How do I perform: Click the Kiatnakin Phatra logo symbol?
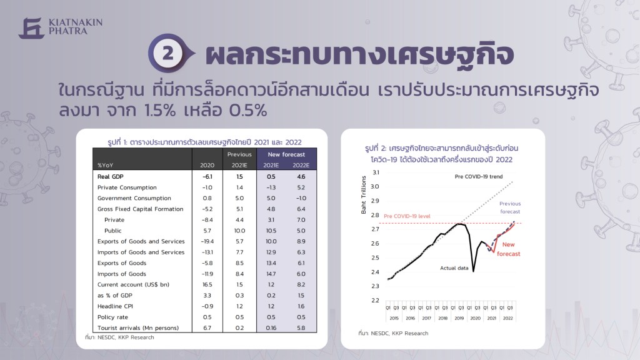point(31,27)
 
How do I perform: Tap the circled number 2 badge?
point(167,54)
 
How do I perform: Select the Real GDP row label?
point(110,177)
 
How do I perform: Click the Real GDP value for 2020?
point(207,177)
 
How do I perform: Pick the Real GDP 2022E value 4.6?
point(301,177)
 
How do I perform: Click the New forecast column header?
point(286,154)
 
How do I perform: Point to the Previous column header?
point(239,154)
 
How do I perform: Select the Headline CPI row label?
point(115,306)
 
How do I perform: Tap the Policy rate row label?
point(112,317)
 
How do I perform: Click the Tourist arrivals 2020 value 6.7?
point(207,327)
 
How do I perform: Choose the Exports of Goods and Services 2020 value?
point(207,241)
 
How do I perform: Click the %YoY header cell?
point(105,165)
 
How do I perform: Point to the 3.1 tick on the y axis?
point(376,172)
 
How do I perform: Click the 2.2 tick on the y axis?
point(376,301)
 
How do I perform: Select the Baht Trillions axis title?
point(363,195)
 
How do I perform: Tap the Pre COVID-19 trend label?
point(478,176)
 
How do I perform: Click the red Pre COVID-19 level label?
point(407,216)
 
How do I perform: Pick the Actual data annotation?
point(454,268)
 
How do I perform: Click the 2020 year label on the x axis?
point(475,318)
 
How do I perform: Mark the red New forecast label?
point(508,249)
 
